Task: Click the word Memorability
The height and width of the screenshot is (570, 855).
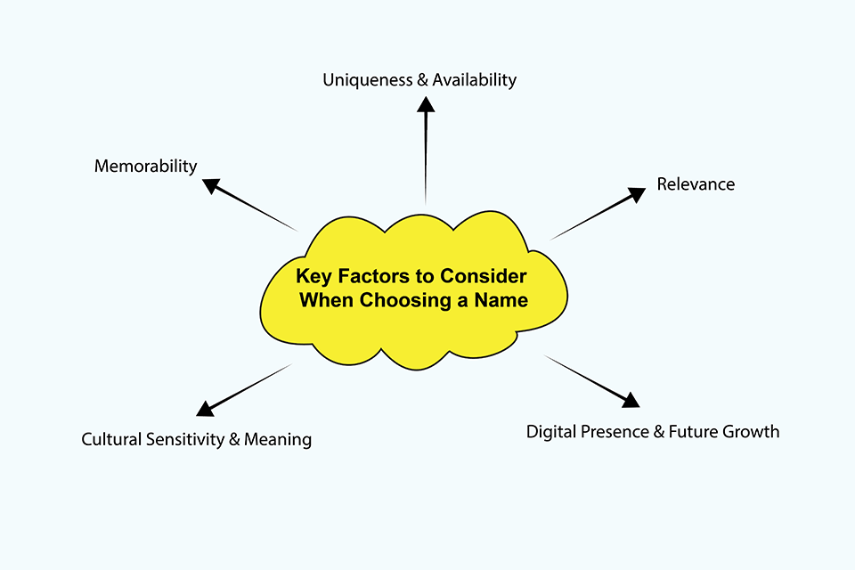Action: [145, 167]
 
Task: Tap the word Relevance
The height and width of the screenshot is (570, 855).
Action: [696, 184]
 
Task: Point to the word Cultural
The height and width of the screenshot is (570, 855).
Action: [111, 439]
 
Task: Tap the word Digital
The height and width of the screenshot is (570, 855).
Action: [553, 432]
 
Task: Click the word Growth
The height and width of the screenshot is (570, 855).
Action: [750, 432]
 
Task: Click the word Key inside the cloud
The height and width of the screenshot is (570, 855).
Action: [312, 276]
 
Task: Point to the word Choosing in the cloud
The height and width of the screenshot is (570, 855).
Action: [396, 300]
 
